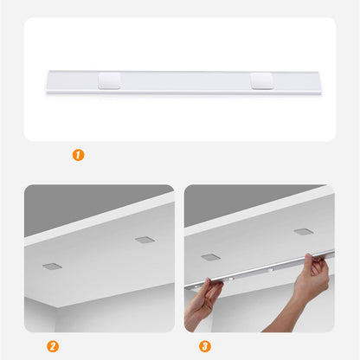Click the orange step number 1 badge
[x=79, y=156]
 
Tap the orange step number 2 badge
[x=53, y=347]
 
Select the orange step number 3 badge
[x=205, y=347]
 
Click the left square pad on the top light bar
[x=110, y=81]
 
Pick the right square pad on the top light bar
[x=261, y=81]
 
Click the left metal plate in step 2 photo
[x=52, y=266]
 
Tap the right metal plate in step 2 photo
[x=144, y=239]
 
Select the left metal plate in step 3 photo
[x=211, y=257]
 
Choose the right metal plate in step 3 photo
[x=303, y=231]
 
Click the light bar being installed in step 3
[x=260, y=270]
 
